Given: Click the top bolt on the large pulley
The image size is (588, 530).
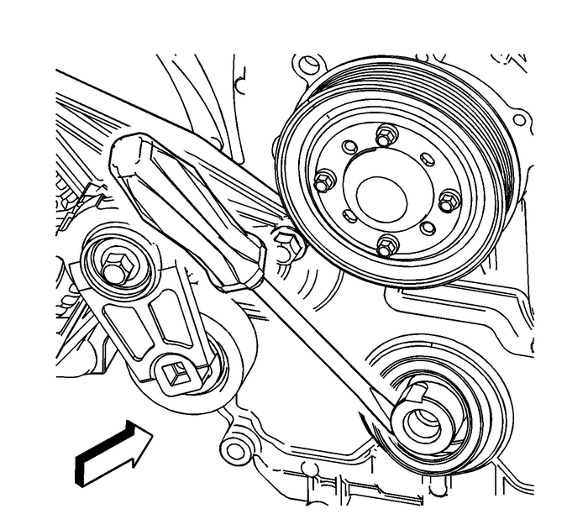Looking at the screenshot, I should pyautogui.click(x=386, y=134).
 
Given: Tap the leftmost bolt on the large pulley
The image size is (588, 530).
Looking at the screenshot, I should pyautogui.click(x=324, y=181).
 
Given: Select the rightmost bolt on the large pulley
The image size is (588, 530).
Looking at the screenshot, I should pyautogui.click(x=449, y=202).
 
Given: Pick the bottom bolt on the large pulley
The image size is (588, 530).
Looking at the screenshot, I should pyautogui.click(x=386, y=246).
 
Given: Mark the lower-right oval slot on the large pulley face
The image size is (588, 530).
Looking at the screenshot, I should pyautogui.click(x=428, y=228).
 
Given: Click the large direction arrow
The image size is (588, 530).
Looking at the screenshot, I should pyautogui.click(x=111, y=453).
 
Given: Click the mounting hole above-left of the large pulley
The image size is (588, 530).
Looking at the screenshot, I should pyautogui.click(x=311, y=64).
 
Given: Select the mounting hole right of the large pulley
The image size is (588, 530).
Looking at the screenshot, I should pyautogui.click(x=518, y=120).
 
